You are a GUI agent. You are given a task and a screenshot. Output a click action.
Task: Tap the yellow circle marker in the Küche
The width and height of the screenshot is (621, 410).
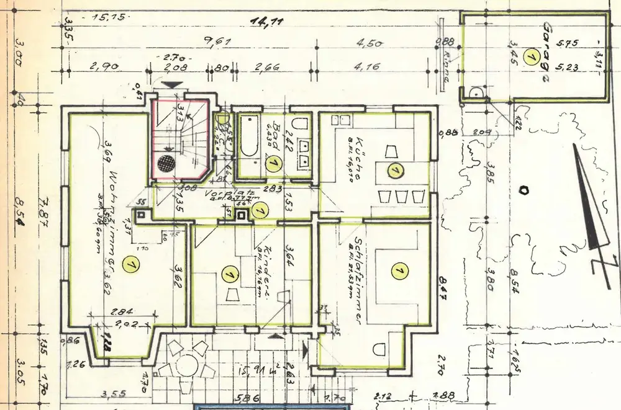(x=394, y=169)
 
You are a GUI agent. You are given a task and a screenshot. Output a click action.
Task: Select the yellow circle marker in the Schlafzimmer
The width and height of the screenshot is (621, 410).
(x=398, y=270)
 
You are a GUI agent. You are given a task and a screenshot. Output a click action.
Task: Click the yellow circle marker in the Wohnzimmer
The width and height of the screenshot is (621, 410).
(x=130, y=265)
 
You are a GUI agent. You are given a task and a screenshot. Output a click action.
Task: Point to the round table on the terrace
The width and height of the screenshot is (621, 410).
(x=186, y=365)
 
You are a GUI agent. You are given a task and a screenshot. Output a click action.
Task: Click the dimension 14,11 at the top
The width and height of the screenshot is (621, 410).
(x=266, y=22)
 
